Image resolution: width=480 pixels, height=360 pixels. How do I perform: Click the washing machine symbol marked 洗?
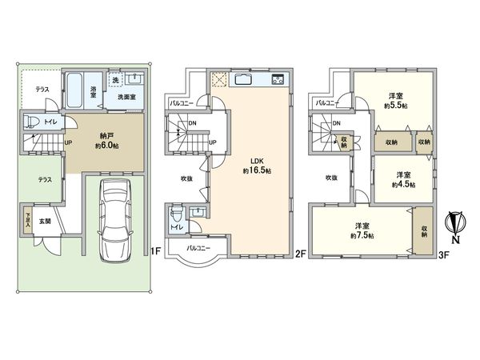click(x=115, y=81)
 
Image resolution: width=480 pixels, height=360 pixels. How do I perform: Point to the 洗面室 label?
click(x=126, y=97)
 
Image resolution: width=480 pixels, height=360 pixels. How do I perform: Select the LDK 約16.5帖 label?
click(x=254, y=165)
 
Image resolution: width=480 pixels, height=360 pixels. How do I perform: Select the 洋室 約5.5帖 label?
click(x=394, y=100)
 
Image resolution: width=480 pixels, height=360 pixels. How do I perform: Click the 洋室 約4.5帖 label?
click(x=400, y=179)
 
